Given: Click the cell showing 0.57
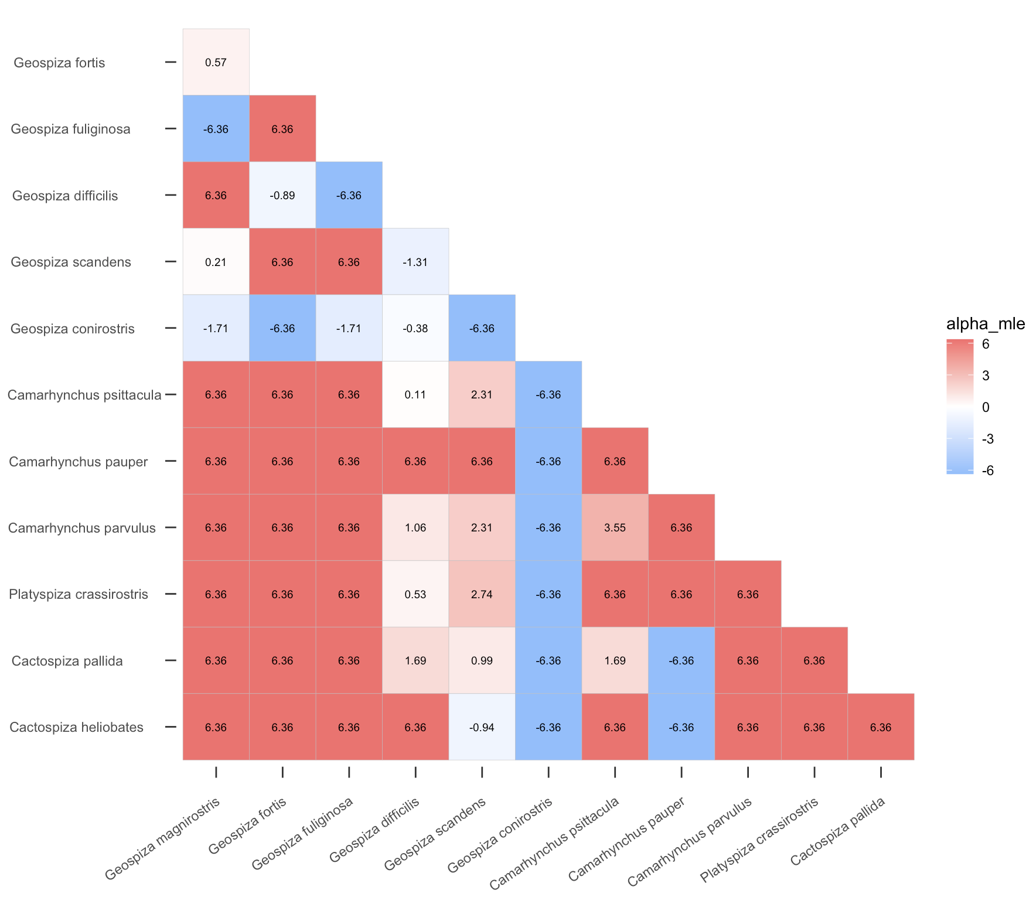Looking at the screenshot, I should pyautogui.click(x=216, y=62).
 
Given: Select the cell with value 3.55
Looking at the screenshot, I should pyautogui.click(x=615, y=527).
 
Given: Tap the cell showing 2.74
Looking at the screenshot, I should pyautogui.click(x=482, y=594).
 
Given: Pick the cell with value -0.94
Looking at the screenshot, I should pyautogui.click(x=482, y=727).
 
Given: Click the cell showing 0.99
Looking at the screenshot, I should pyautogui.click(x=482, y=660).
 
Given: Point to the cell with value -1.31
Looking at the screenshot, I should pyautogui.click(x=415, y=262).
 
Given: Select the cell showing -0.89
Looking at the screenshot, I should pyautogui.click(x=282, y=195).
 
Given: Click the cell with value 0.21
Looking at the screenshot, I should pyautogui.click(x=216, y=262).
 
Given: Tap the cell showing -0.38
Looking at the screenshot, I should pyautogui.click(x=415, y=328).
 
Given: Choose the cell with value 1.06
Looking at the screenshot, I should pyautogui.click(x=415, y=527).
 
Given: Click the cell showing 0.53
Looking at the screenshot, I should pyautogui.click(x=415, y=594).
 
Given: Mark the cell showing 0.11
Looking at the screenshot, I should pyautogui.click(x=415, y=394).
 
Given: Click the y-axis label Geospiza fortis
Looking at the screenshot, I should pyautogui.click(x=59, y=63).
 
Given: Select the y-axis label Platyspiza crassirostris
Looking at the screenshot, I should pyautogui.click(x=79, y=594).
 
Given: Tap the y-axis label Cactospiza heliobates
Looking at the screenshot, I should pyautogui.click(x=76, y=727).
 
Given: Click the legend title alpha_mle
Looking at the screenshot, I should pyautogui.click(x=986, y=323).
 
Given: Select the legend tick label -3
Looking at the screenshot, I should pyautogui.click(x=987, y=439).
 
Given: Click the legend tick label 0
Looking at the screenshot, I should pyautogui.click(x=986, y=407).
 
